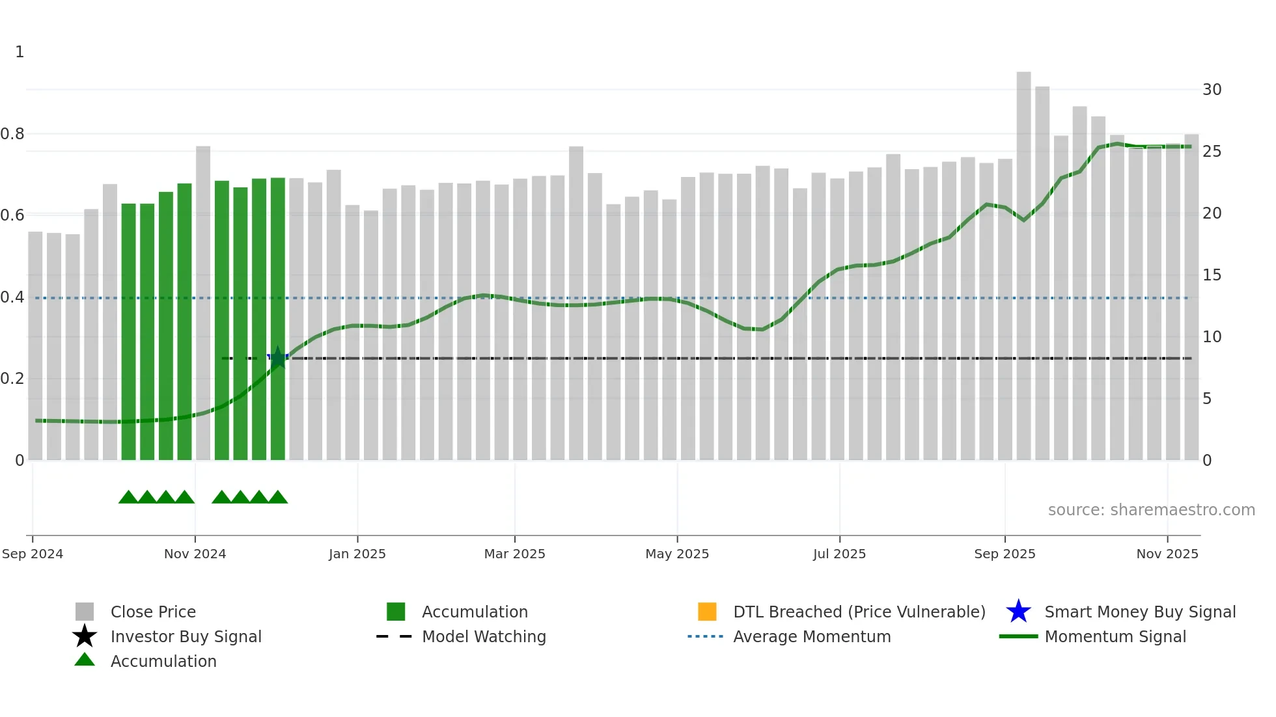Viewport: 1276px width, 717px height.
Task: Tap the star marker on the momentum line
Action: pos(278,357)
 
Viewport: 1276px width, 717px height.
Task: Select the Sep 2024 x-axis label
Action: pos(33,554)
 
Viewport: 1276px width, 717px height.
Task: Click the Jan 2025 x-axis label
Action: pos(357,554)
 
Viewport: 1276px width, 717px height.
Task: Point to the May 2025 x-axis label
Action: pos(677,554)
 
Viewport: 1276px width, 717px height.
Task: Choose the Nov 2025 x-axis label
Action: pos(1167,554)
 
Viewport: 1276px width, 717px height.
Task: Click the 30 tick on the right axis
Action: pos(1212,90)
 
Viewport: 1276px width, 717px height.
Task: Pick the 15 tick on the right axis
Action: pos(1212,275)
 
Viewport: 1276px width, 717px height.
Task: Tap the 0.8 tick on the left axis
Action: pos(12,134)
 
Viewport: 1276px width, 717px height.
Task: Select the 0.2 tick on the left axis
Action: pos(12,379)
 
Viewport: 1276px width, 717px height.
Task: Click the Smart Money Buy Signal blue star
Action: pos(1018,612)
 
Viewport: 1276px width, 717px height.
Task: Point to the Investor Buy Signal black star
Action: pos(85,636)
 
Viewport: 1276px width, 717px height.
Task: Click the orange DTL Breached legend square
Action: pos(707,612)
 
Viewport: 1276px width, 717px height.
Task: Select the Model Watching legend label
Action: pos(484,636)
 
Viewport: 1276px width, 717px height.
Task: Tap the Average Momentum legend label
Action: pos(812,636)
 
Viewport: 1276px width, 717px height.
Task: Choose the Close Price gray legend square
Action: pos(85,612)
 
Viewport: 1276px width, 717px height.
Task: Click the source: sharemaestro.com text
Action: pos(1151,510)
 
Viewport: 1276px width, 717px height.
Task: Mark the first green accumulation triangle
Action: pos(128,498)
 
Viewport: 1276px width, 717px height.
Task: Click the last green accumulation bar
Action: pos(278,319)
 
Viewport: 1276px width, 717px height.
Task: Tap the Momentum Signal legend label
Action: pos(1115,636)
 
